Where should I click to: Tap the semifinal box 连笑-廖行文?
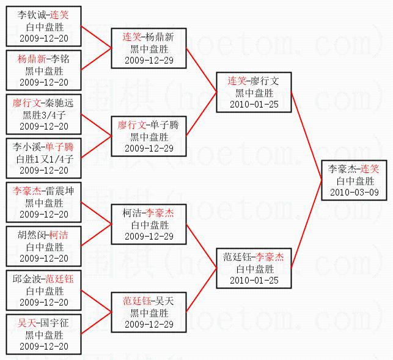pos(254,92)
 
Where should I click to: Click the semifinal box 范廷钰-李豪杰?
pos(254,268)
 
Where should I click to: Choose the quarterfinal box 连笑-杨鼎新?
pos(149,48)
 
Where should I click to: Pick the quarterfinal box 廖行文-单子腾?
pos(149,136)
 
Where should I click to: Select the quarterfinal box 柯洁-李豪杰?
pos(149,224)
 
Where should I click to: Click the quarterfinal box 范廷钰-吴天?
pos(149,312)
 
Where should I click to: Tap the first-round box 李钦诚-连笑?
pos(43,26)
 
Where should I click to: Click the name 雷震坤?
pos(59,191)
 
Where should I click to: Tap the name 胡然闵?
pos(31,235)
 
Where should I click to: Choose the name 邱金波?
pos(27,279)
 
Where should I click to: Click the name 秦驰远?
pos(59,103)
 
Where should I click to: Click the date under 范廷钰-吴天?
pos(149,323)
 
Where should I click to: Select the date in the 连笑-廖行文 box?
pos(254,104)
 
